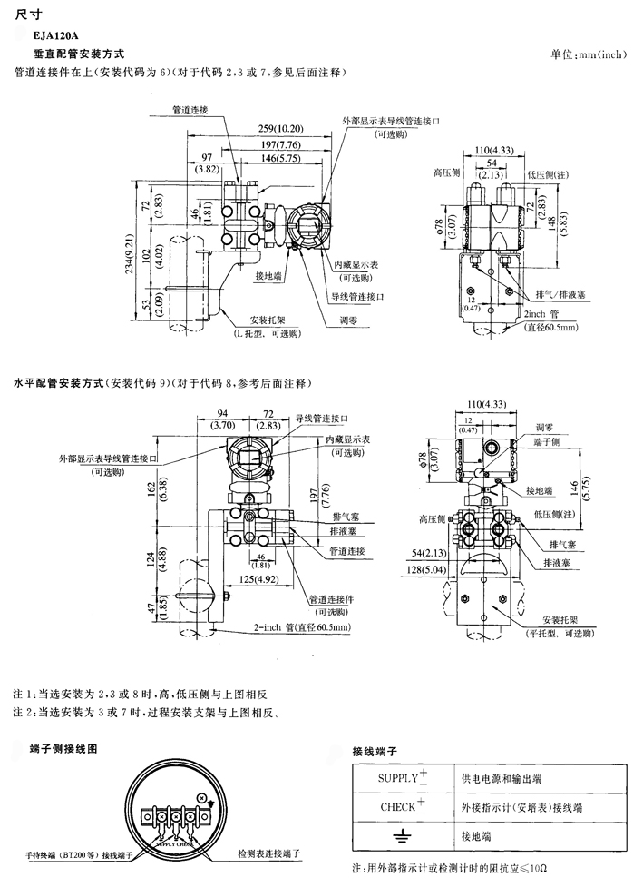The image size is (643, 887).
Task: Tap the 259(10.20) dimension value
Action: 279,128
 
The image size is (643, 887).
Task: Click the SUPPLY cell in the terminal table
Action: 403,778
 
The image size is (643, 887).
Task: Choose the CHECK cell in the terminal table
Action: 403,806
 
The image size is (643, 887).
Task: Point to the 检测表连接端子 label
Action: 268,854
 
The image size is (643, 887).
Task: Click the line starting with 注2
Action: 145,714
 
